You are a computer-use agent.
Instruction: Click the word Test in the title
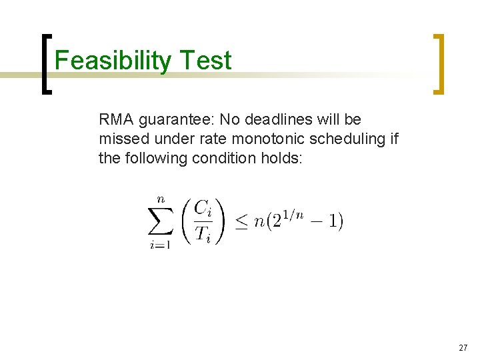[205, 61]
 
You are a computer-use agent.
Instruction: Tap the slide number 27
[463, 348]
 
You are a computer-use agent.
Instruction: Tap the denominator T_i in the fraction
[203, 234]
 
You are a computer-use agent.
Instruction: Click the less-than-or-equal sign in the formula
[241, 221]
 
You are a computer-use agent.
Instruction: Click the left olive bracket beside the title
[45, 64]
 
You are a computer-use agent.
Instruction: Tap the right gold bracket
[439, 64]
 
